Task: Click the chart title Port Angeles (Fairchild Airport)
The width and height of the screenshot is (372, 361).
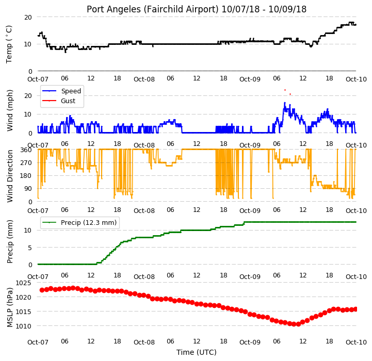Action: click(x=153, y=9)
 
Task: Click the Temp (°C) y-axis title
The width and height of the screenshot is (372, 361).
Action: click(x=9, y=44)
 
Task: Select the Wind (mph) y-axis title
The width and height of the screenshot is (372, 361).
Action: click(x=10, y=110)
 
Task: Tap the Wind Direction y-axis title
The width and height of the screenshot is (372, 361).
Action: click(x=10, y=176)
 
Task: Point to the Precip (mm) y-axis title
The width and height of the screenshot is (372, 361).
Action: click(x=10, y=241)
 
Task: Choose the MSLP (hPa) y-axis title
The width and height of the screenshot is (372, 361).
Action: click(x=10, y=307)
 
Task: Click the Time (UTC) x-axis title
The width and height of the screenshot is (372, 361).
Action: click(x=197, y=352)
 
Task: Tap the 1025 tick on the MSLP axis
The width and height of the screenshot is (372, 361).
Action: click(x=23, y=283)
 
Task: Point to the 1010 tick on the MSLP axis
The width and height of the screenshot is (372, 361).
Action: click(x=23, y=326)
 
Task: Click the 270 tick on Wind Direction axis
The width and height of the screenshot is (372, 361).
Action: click(x=26, y=163)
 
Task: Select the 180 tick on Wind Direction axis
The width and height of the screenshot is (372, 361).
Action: click(x=26, y=176)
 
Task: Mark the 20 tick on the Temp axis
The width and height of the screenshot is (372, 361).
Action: click(x=28, y=18)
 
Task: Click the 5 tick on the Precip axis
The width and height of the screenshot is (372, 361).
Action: click(x=30, y=248)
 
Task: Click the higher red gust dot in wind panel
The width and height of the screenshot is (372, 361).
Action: click(x=285, y=90)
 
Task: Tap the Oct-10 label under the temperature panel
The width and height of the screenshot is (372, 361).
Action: click(x=356, y=79)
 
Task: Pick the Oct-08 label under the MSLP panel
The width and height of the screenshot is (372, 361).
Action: click(x=144, y=342)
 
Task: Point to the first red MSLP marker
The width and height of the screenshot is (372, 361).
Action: click(x=42, y=290)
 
